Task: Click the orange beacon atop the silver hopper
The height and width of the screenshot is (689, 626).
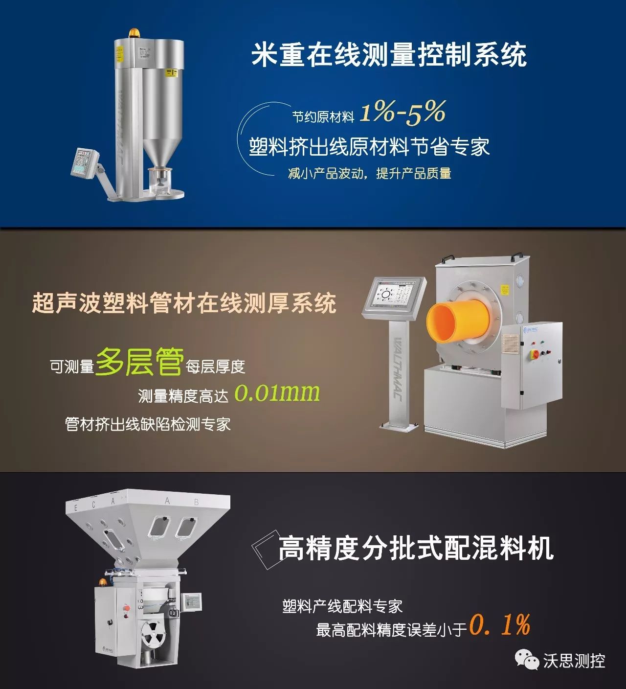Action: pos(134,34)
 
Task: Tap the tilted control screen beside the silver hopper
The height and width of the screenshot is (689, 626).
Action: pos(85,163)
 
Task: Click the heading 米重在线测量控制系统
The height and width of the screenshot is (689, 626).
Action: pos(389,55)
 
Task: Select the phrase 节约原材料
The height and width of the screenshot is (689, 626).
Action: pos(323,117)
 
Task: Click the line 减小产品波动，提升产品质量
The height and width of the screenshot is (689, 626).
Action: pos(370,173)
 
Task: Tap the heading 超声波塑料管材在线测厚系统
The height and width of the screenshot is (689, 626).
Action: pos(184,303)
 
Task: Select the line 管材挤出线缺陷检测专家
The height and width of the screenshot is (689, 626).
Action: pos(148,424)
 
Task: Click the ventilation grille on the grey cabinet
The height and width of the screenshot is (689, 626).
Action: pos(510,344)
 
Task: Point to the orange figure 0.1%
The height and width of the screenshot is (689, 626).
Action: pos(500,625)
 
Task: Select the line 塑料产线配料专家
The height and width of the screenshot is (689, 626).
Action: pos(342,607)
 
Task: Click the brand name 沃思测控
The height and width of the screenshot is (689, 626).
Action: pos(574,661)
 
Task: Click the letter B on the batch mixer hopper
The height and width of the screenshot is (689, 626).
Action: pos(197,502)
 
